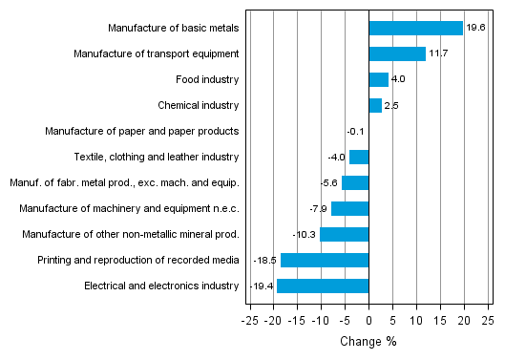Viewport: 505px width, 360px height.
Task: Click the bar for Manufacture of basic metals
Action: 415,29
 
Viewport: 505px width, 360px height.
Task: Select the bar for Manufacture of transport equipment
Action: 397,54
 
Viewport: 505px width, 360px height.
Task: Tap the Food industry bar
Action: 378,80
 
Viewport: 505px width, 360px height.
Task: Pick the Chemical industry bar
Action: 375,106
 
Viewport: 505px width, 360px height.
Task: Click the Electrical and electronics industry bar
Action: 323,286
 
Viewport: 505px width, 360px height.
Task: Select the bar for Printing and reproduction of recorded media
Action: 325,260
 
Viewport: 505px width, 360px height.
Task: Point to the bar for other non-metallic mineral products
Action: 344,234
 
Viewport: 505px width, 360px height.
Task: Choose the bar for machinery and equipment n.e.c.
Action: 349,208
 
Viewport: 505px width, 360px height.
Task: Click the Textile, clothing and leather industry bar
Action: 359,157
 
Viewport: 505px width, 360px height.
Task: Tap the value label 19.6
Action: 475,29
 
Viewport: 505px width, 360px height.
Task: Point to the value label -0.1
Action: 355,132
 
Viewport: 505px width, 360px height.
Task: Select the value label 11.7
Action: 438,54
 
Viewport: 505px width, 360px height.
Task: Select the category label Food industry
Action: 207,80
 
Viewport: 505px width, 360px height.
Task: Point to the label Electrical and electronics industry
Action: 161,286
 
